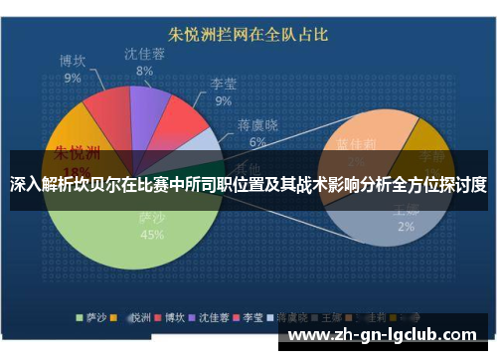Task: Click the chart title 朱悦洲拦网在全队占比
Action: pos(249,36)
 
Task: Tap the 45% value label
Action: pos(152,236)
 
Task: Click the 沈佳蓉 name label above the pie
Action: pos(145,54)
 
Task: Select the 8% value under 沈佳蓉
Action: pos(145,71)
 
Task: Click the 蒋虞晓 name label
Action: pos(257,125)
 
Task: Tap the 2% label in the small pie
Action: pos(407,227)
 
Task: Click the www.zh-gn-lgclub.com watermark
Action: pos(389,334)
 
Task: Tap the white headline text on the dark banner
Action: pos(248,184)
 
